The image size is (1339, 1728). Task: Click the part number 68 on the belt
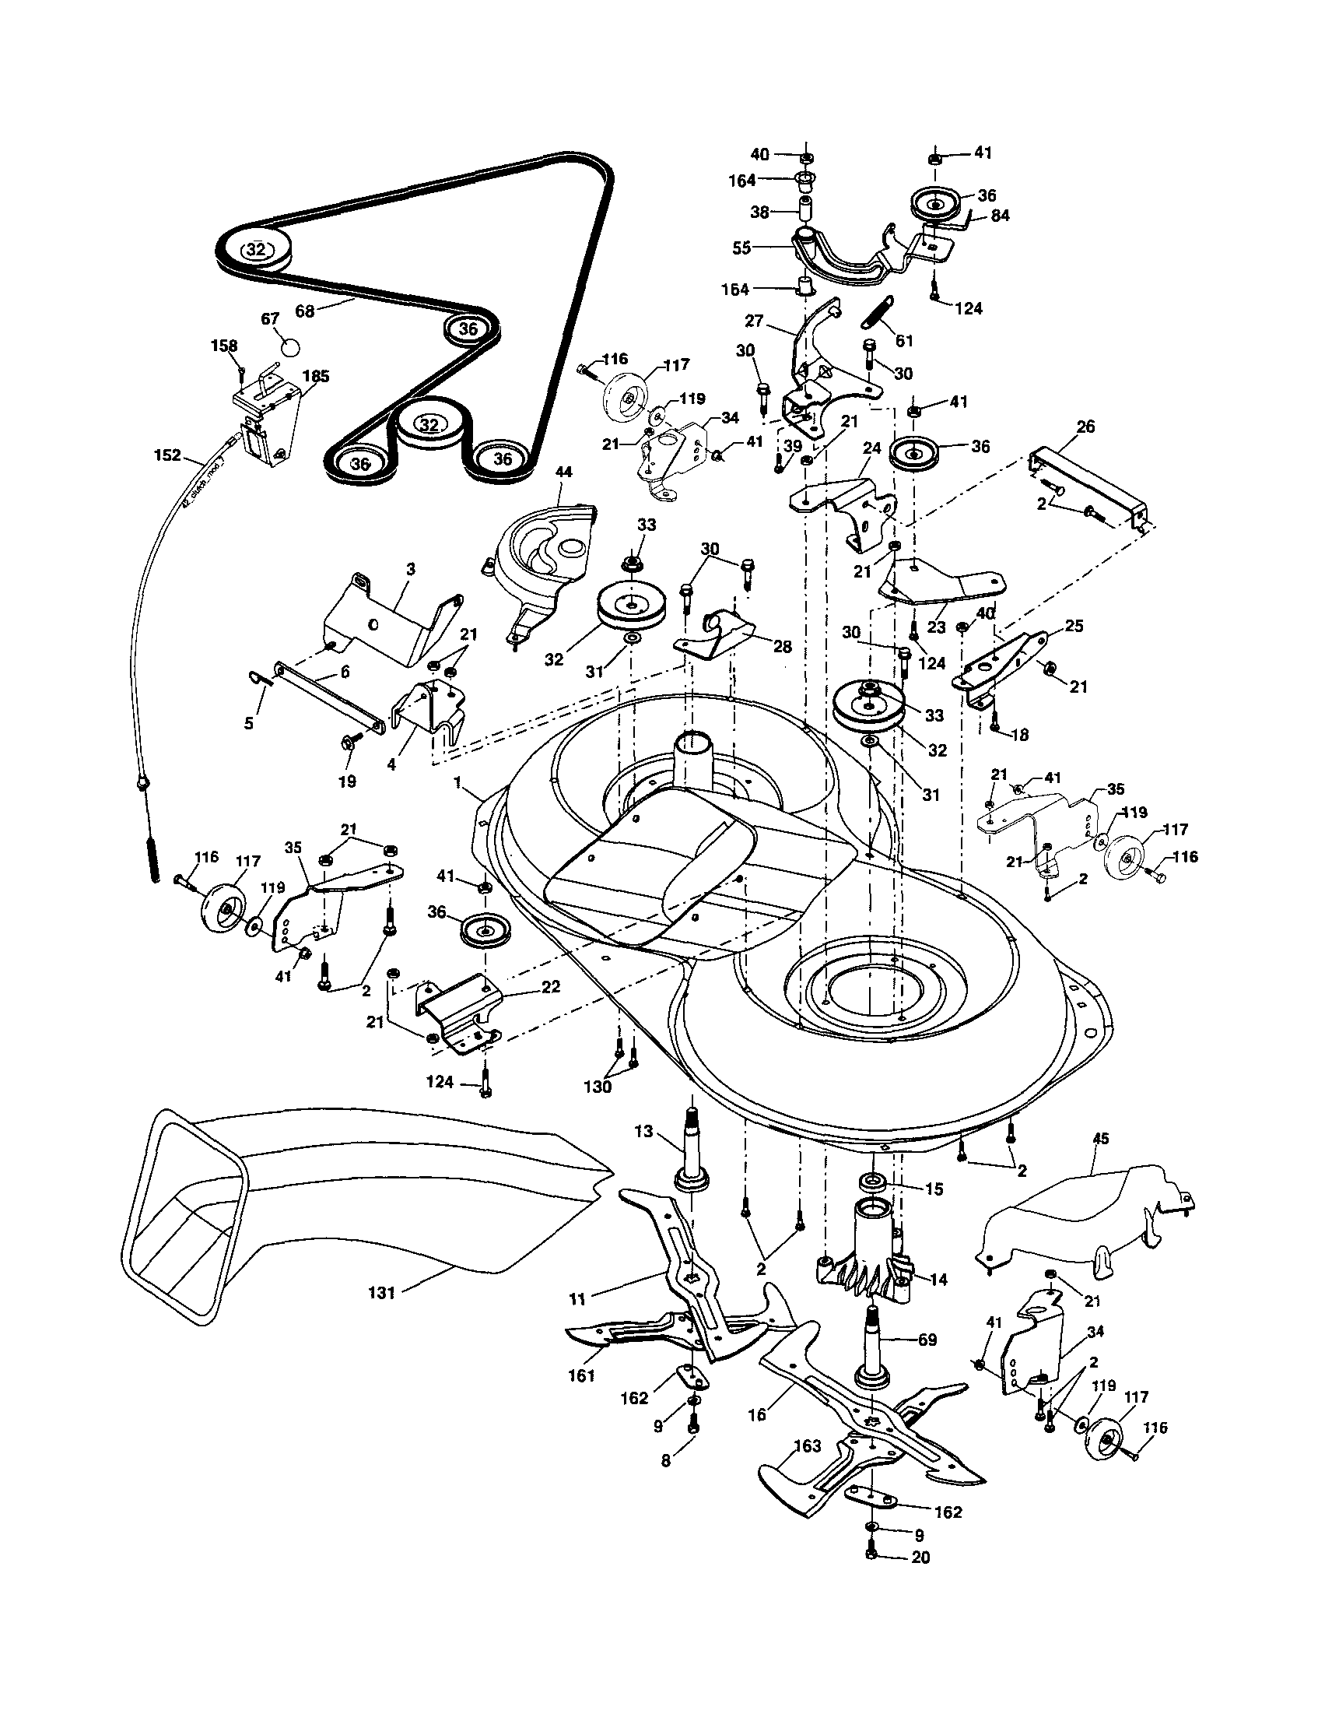click(x=304, y=311)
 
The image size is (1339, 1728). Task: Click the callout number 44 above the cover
click(x=564, y=472)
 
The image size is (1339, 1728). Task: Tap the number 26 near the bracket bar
click(x=1086, y=427)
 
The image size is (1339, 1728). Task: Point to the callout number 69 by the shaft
click(x=927, y=1340)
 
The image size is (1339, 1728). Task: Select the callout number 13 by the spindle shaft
click(x=643, y=1132)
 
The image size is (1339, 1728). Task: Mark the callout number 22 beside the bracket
click(x=551, y=987)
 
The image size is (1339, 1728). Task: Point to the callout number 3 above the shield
click(x=411, y=569)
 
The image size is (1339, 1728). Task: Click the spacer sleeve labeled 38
click(x=806, y=212)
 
